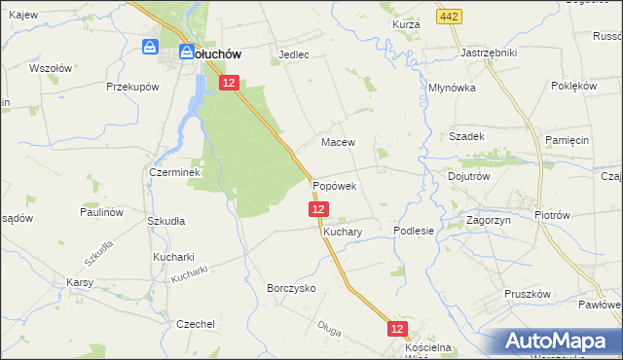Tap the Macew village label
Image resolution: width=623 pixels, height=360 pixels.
coord(339,142)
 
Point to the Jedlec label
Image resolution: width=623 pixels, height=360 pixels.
coord(294,54)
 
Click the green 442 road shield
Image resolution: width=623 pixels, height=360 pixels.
coord(449,18)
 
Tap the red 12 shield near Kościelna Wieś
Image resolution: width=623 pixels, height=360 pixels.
coord(396,330)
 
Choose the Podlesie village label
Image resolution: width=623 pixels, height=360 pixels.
coord(413,231)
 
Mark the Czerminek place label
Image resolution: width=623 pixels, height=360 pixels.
coord(174,172)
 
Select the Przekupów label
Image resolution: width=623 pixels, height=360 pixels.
coord(132,87)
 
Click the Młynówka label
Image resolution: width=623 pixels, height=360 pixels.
coord(451,87)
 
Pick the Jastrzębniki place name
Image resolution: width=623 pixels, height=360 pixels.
coord(488,53)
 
